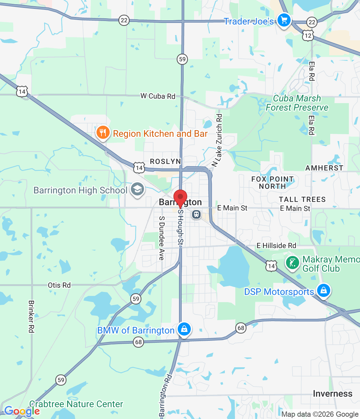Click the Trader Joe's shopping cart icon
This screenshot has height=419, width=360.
pos(284,20)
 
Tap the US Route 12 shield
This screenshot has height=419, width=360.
pos(308,35)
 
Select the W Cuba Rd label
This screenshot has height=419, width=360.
pos(158,96)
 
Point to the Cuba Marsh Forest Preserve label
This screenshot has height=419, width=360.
pos(297,103)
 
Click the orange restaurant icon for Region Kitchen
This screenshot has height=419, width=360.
pos(103,133)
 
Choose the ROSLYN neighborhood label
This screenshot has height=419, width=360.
pos(165,161)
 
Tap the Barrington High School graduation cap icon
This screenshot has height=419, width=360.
pos(137,189)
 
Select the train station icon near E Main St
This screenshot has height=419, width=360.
pos(196,214)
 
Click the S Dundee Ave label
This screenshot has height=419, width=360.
pos(161,238)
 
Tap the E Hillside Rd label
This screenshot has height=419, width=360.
pos(276,246)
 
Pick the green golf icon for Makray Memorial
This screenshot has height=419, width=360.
pos(292,263)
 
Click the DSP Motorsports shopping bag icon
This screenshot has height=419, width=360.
pos(323,290)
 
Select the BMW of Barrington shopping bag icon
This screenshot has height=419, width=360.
pos(184,329)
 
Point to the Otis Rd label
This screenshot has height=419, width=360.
pos(59,285)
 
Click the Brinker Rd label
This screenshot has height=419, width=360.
pos(31,317)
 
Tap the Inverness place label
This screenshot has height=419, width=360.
pos(333,393)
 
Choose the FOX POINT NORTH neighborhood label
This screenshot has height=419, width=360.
pos(272,183)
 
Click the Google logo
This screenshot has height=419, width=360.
pos(22,411)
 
